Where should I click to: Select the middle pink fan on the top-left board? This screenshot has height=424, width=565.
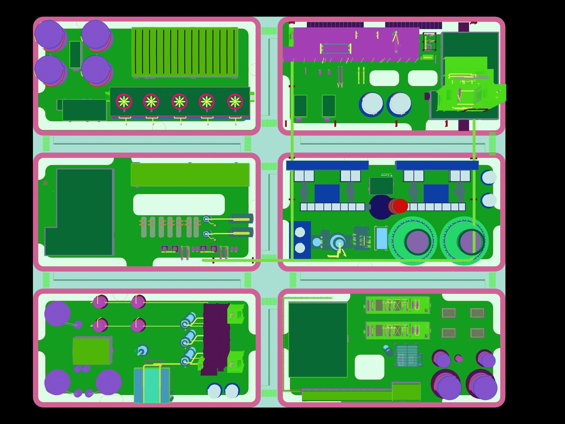point(179,101)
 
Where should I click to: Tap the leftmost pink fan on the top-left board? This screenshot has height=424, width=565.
point(124,101)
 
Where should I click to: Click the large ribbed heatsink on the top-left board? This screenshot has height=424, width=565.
point(185,52)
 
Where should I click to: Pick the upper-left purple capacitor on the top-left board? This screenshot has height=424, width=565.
point(49,34)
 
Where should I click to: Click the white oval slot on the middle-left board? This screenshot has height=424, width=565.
point(179,204)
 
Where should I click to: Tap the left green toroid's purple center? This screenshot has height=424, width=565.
point(417,242)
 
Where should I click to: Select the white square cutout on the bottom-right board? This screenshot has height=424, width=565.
point(369,367)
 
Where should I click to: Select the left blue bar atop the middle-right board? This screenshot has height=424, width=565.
point(327,165)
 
